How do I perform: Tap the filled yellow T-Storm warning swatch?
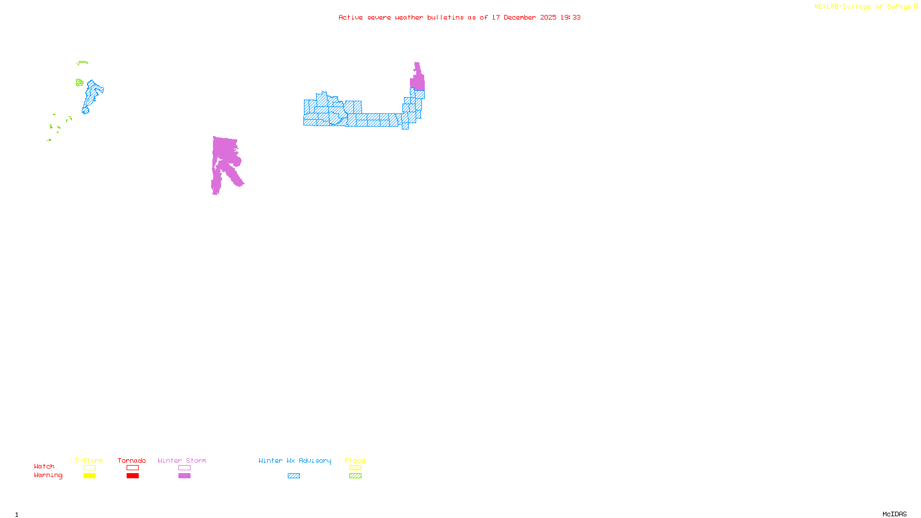[x=89, y=476]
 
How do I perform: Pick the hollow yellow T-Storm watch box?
[x=89, y=468]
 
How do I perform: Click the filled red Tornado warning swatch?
[x=132, y=476]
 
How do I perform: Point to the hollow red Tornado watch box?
[x=132, y=468]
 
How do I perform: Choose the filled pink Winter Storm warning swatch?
[x=184, y=476]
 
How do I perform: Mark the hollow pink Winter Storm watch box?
[x=184, y=468]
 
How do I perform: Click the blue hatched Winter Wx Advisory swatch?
[x=294, y=476]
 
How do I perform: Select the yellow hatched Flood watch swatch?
[x=355, y=468]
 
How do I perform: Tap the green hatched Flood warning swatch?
[x=355, y=476]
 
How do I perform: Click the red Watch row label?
[x=44, y=467]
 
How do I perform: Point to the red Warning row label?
[x=48, y=475]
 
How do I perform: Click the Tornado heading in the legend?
[x=132, y=460]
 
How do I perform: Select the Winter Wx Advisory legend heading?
[x=295, y=460]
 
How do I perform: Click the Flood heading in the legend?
[x=355, y=460]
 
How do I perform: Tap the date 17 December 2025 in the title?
[x=524, y=17]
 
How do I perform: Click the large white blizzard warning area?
[x=368, y=86]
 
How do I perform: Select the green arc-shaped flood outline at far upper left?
[x=83, y=62]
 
